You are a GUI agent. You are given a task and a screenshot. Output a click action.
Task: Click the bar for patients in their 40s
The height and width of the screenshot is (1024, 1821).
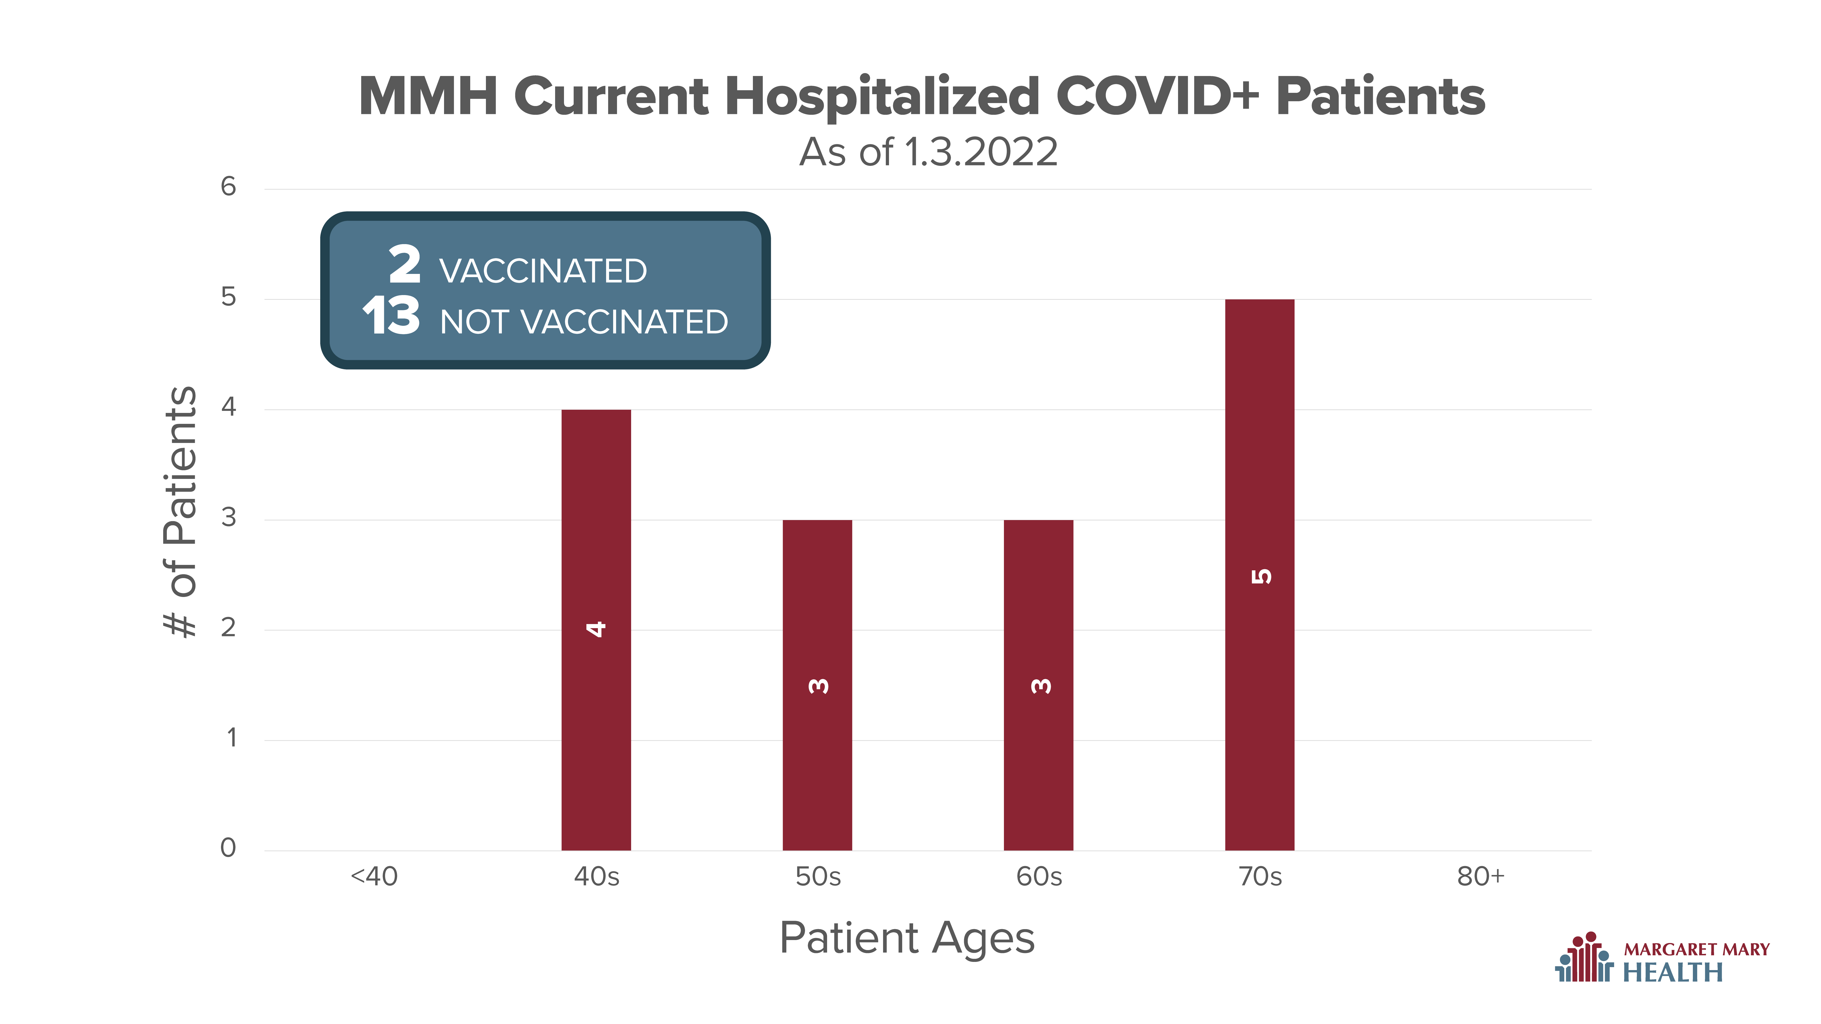coord(596,630)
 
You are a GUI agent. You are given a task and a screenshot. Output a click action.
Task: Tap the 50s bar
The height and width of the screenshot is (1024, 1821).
coord(817,685)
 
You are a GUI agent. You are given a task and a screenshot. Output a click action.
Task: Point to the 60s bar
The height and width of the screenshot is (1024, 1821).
coord(1039,685)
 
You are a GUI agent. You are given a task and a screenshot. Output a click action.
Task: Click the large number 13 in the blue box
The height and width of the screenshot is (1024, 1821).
coord(391,315)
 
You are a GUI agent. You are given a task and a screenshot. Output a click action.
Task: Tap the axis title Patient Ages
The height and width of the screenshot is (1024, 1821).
coord(907,938)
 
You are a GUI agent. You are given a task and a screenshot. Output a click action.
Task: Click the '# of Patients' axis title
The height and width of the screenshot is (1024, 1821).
coord(180,512)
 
